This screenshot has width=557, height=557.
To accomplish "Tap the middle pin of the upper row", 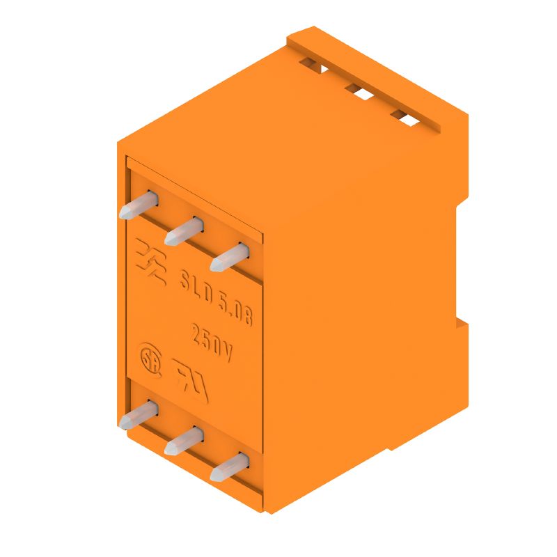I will [184, 230].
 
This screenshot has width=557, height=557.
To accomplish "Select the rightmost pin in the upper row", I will [230, 257].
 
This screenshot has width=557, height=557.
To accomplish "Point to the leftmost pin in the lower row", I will [139, 416].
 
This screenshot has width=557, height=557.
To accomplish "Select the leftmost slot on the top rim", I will [314, 66].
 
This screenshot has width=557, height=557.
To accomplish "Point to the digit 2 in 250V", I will [197, 331].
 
